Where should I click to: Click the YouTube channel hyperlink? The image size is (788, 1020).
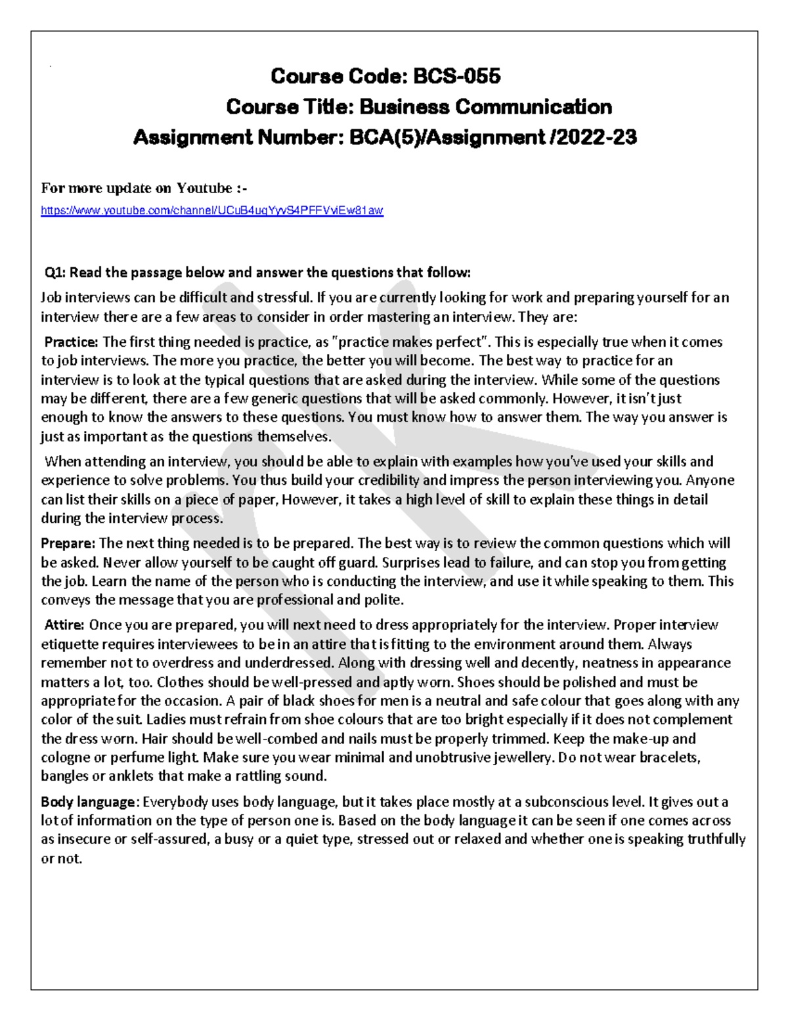(x=211, y=211)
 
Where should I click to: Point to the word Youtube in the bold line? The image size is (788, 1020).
(x=204, y=188)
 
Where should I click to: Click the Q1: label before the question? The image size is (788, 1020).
(x=55, y=273)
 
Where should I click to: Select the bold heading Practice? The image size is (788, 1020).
(x=71, y=342)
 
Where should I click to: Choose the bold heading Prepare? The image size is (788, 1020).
(x=68, y=543)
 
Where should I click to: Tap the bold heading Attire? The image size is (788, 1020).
(x=64, y=625)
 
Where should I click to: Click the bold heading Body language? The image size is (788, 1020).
(x=89, y=802)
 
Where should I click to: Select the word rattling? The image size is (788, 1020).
(x=255, y=776)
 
